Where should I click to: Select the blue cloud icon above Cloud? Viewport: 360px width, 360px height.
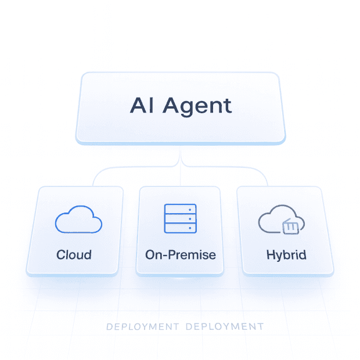(x=78, y=221)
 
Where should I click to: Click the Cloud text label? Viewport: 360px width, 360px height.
(x=74, y=254)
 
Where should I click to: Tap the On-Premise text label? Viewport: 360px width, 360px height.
(x=180, y=254)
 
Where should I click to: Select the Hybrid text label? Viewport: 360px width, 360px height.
(x=286, y=254)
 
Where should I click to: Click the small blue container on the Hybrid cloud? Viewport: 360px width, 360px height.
(x=291, y=227)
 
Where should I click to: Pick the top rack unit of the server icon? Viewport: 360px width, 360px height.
(x=181, y=210)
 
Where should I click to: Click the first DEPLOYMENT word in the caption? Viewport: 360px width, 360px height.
(x=142, y=327)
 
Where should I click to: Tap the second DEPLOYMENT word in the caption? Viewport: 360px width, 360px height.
(x=224, y=327)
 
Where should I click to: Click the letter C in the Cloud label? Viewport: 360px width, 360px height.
(x=60, y=254)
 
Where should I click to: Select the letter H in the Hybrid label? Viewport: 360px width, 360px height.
(x=270, y=254)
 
